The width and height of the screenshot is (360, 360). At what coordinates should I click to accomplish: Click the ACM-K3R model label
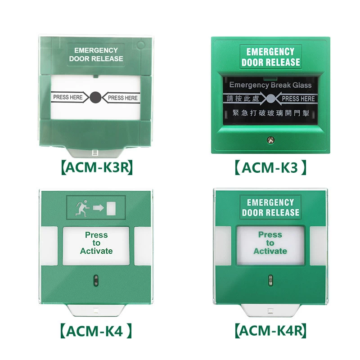[x=97, y=167]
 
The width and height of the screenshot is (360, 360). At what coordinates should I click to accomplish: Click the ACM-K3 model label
[x=270, y=167]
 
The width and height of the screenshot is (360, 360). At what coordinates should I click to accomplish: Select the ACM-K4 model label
[x=96, y=331]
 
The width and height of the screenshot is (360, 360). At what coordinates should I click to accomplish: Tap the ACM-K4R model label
[x=271, y=331]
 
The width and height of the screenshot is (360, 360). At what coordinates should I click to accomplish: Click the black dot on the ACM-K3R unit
[x=95, y=97]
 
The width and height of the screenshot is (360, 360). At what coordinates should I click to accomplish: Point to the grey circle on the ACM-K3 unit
[x=271, y=99]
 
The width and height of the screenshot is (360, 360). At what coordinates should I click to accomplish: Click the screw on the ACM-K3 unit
[x=271, y=140]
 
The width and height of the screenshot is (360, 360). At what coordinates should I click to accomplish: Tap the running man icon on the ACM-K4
[x=82, y=208]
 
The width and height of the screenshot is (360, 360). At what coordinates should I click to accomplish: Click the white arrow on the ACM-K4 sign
[x=98, y=208]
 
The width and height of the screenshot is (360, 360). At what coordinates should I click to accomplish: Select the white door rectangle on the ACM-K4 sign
[x=111, y=208]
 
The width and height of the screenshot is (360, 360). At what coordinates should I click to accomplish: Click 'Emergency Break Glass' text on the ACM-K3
[x=270, y=85]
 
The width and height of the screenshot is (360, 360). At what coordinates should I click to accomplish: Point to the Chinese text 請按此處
[x=243, y=99]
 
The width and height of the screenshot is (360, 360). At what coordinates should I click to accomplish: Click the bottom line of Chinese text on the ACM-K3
[x=271, y=113]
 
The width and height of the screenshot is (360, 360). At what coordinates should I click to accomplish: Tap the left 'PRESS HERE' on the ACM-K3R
[x=68, y=97]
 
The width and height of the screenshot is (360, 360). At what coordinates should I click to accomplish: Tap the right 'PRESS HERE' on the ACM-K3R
[x=123, y=98]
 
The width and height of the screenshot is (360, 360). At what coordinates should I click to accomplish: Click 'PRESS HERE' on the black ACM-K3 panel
[x=298, y=99]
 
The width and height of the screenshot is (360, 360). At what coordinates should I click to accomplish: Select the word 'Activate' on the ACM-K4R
[x=270, y=251]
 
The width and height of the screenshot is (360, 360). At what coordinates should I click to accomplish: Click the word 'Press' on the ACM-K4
[x=96, y=235]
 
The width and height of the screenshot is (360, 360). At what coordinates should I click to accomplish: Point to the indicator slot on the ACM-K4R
[x=271, y=280]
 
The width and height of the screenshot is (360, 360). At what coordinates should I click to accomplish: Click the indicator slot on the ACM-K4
[x=96, y=280]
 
